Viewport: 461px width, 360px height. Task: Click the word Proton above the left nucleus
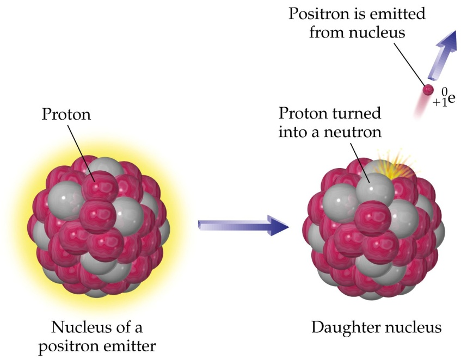pyautogui.click(x=66, y=114)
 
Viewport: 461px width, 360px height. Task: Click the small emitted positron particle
pyautogui.click(x=428, y=90)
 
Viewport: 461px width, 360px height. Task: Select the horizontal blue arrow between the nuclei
pyautogui.click(x=243, y=226)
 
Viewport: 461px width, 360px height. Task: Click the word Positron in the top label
pyautogui.click(x=322, y=14)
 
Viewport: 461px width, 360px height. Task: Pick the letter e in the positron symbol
pyautogui.click(x=452, y=98)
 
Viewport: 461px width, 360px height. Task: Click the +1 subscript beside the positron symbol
pyautogui.click(x=440, y=102)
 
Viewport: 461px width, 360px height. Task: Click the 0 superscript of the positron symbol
pyautogui.click(x=445, y=93)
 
